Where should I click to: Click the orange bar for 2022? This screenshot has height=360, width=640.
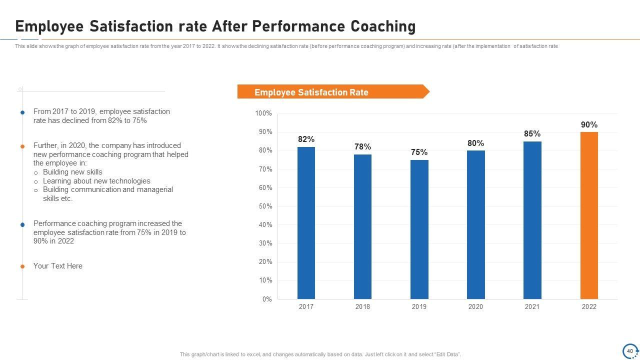click(589, 215)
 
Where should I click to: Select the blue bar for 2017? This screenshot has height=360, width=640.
click(306, 222)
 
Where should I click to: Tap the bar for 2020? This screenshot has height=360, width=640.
click(475, 224)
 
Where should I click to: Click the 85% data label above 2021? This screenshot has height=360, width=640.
click(532, 134)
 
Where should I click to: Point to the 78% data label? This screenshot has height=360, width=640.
click(362, 147)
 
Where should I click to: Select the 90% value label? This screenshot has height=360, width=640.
click(589, 125)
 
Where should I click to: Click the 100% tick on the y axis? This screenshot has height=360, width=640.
click(263, 113)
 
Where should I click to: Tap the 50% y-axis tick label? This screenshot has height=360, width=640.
click(265, 206)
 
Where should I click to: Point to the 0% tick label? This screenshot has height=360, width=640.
click(267, 299)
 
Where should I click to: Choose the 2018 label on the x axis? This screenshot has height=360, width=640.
click(362, 307)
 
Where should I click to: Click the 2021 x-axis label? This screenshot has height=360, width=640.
click(532, 307)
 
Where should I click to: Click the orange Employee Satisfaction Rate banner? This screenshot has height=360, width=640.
click(330, 92)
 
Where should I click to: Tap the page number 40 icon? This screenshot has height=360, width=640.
click(630, 351)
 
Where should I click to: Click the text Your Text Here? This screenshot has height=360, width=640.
click(57, 266)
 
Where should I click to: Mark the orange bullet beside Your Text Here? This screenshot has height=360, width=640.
click(22, 266)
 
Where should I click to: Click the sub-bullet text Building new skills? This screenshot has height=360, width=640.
click(72, 172)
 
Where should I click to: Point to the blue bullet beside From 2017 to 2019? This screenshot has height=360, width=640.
click(22, 112)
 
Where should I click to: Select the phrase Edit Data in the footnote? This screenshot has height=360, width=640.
click(446, 354)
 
